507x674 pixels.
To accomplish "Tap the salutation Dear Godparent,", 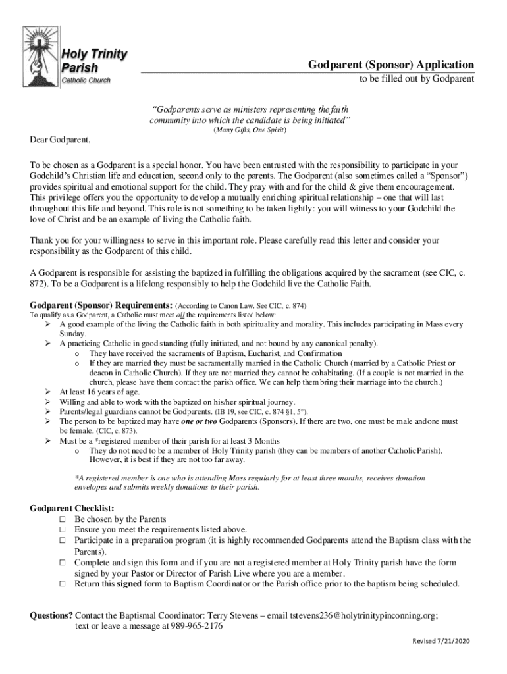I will click(61, 140).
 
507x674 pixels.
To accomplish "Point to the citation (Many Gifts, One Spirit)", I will click(250, 131).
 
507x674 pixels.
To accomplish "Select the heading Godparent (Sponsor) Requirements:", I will click(102, 305).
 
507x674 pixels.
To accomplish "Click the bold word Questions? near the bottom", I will click(51, 616).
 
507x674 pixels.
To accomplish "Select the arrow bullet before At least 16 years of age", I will click(48, 392).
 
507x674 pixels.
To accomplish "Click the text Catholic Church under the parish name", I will click(86, 80).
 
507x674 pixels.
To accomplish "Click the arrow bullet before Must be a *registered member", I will click(48, 441).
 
